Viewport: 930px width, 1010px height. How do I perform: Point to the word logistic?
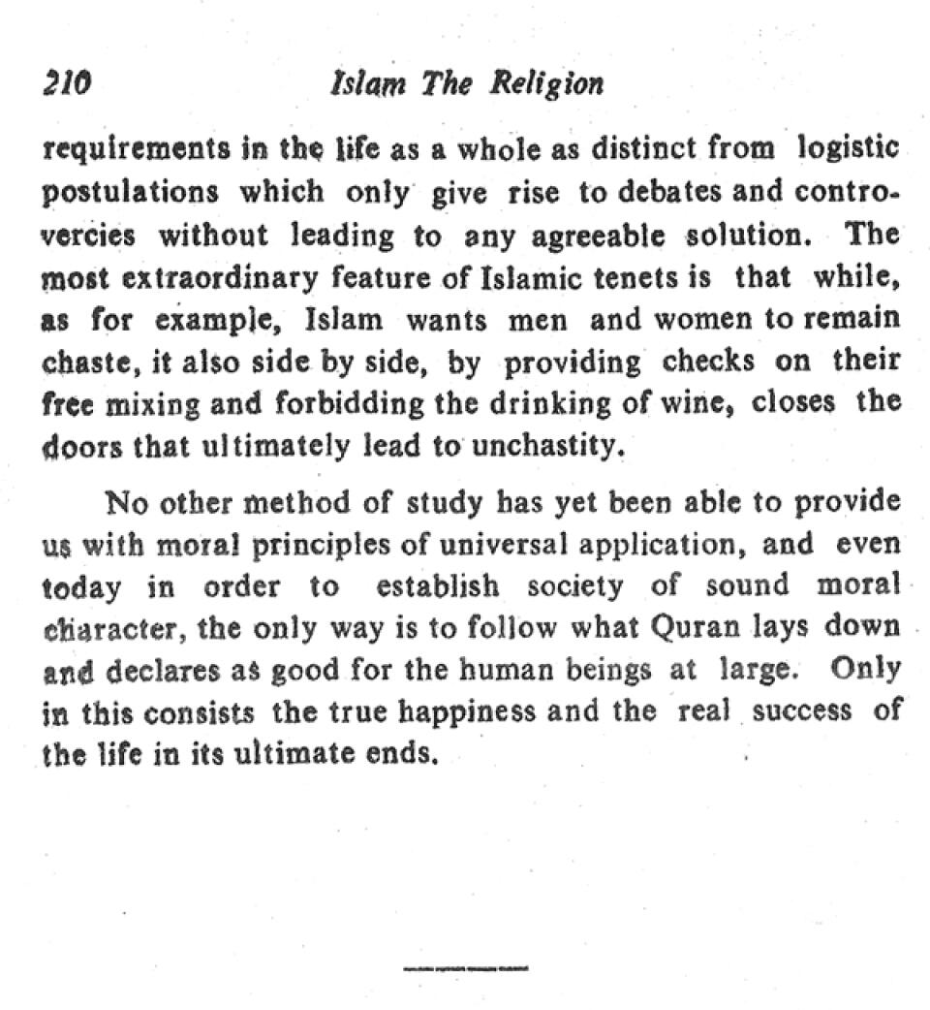pos(849,150)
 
